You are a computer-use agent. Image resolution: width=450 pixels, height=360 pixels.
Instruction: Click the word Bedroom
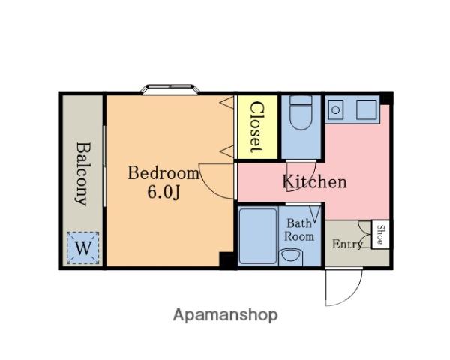[163, 173]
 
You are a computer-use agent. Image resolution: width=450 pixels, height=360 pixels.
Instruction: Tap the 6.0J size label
[163, 192]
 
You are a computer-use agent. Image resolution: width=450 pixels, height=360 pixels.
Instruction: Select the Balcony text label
[83, 174]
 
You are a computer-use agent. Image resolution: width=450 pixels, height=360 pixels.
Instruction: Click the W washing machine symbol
[83, 247]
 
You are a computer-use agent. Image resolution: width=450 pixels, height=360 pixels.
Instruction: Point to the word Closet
[256, 127]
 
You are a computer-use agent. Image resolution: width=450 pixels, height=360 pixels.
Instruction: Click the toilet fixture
[301, 112]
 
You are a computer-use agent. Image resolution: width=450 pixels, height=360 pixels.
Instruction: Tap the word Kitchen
[314, 181]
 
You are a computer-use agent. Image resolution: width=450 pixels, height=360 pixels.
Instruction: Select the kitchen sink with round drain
[336, 109]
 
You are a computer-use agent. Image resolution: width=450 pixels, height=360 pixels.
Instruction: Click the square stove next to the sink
[367, 109]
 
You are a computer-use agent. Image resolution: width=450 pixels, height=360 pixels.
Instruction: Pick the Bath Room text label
[299, 230]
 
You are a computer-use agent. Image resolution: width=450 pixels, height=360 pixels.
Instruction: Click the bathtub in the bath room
[258, 236]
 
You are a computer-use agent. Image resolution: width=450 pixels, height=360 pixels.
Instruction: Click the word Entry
[347, 244]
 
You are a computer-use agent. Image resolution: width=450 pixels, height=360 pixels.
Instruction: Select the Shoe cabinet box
[380, 235]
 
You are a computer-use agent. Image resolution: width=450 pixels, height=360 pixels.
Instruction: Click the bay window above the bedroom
[171, 89]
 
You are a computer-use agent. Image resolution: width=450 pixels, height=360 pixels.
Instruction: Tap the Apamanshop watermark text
[225, 315]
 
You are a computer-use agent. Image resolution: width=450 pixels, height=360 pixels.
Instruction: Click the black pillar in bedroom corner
[226, 259]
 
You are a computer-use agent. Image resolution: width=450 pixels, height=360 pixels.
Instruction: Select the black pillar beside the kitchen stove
[386, 98]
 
